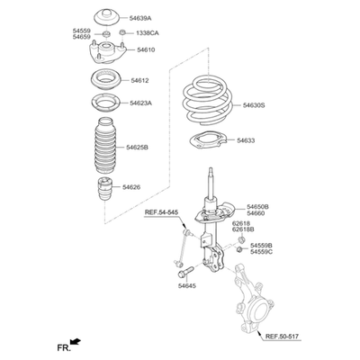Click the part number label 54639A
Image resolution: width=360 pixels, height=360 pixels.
pos(140,19)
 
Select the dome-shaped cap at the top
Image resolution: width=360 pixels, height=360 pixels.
pos(107,17)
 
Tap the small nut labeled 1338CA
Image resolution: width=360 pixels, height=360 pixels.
pos(122,32)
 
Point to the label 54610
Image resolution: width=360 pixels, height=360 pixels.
pos(146,49)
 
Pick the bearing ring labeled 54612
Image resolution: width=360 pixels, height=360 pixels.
pos(105,80)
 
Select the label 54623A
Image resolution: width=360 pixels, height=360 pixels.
pos(141,103)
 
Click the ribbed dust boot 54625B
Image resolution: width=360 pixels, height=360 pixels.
pos(105,146)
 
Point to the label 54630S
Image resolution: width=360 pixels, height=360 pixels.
pos(254,105)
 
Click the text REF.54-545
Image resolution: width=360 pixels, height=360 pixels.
pos(161,212)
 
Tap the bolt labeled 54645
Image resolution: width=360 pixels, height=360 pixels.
pos(184,273)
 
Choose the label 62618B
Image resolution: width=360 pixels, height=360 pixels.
pos(244,229)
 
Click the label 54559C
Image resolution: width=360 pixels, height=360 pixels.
pos(262,252)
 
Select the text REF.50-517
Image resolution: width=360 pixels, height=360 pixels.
pos(282,337)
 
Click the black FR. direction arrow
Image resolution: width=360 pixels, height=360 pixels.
pos(75,341)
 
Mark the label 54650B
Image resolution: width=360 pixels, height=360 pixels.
pos(258,207)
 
